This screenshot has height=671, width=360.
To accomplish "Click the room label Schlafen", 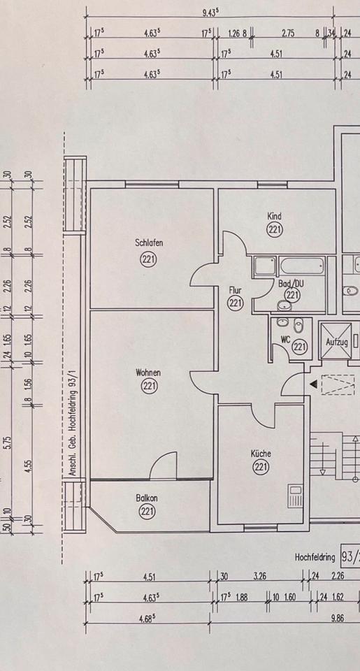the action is tap(148, 243).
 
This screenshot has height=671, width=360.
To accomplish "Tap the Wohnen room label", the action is tap(148, 373).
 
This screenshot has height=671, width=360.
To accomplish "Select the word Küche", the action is tap(261, 453).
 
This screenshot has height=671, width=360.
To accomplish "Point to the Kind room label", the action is tap(274, 216).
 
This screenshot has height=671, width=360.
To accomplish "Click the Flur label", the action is tap(235, 291).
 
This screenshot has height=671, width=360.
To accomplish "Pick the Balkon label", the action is tap(147, 498).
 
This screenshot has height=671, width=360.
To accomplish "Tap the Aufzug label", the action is tap(336, 342).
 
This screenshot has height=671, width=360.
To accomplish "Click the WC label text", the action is tap(285, 340).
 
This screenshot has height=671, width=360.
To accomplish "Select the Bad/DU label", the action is tap(291, 283).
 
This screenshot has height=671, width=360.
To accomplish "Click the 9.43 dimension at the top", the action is tap(210, 12).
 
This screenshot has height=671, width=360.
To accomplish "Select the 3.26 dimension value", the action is tap(260, 576).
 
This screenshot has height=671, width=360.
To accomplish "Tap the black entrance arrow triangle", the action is tap(314, 384).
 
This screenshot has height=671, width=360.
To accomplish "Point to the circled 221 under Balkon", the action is tap(147, 511).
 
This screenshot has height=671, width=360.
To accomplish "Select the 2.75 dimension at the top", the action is tap(288, 34).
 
